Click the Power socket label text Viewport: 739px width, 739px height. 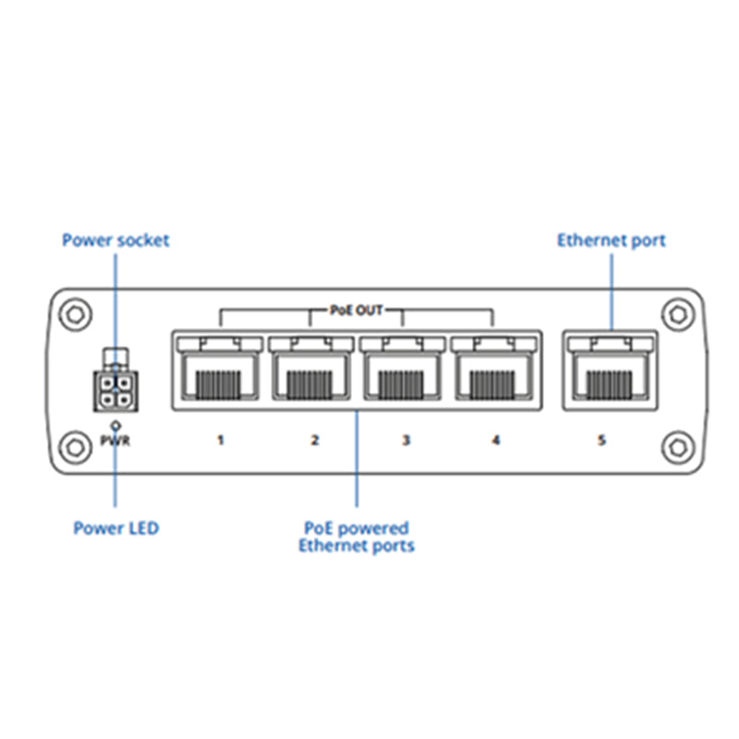pos(115,240)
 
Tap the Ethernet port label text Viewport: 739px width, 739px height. pos(611,240)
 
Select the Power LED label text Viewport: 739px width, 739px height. pos(115,528)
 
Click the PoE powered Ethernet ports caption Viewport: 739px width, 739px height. pos(357,537)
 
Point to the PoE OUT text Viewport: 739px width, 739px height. pos(357,311)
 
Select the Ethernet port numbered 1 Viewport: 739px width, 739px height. pos(219,369)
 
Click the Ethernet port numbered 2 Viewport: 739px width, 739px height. pos(310,369)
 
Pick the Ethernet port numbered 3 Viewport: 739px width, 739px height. pos(403,369)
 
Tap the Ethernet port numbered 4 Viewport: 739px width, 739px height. pos(493,369)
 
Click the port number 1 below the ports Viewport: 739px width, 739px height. pos(220,441)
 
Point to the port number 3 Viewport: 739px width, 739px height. pos(405,441)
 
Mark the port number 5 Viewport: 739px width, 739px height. pos(601,441)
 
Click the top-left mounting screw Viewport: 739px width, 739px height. pos(74,314)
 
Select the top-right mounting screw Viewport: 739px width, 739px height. pos(679,314)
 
